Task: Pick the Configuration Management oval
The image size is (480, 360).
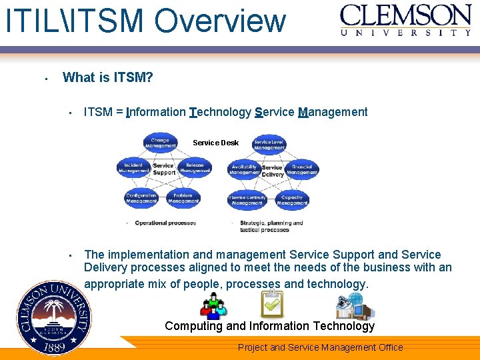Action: pyautogui.click(x=141, y=198)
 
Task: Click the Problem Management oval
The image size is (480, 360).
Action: pyautogui.click(x=183, y=198)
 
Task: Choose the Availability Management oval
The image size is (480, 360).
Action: pyautogui.click(x=245, y=169)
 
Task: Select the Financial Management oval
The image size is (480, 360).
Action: pyautogui.click(x=302, y=169)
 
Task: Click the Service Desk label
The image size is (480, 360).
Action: pyautogui.click(x=215, y=143)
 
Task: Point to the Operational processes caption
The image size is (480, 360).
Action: pyautogui.click(x=165, y=223)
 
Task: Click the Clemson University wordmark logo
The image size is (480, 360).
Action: pyautogui.click(x=405, y=20)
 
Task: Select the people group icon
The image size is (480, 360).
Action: pyautogui.click(x=213, y=307)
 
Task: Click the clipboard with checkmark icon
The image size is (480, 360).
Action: pyautogui.click(x=272, y=305)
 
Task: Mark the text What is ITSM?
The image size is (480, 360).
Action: pyautogui.click(x=107, y=77)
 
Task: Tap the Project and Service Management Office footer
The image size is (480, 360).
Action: pyautogui.click(x=320, y=347)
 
